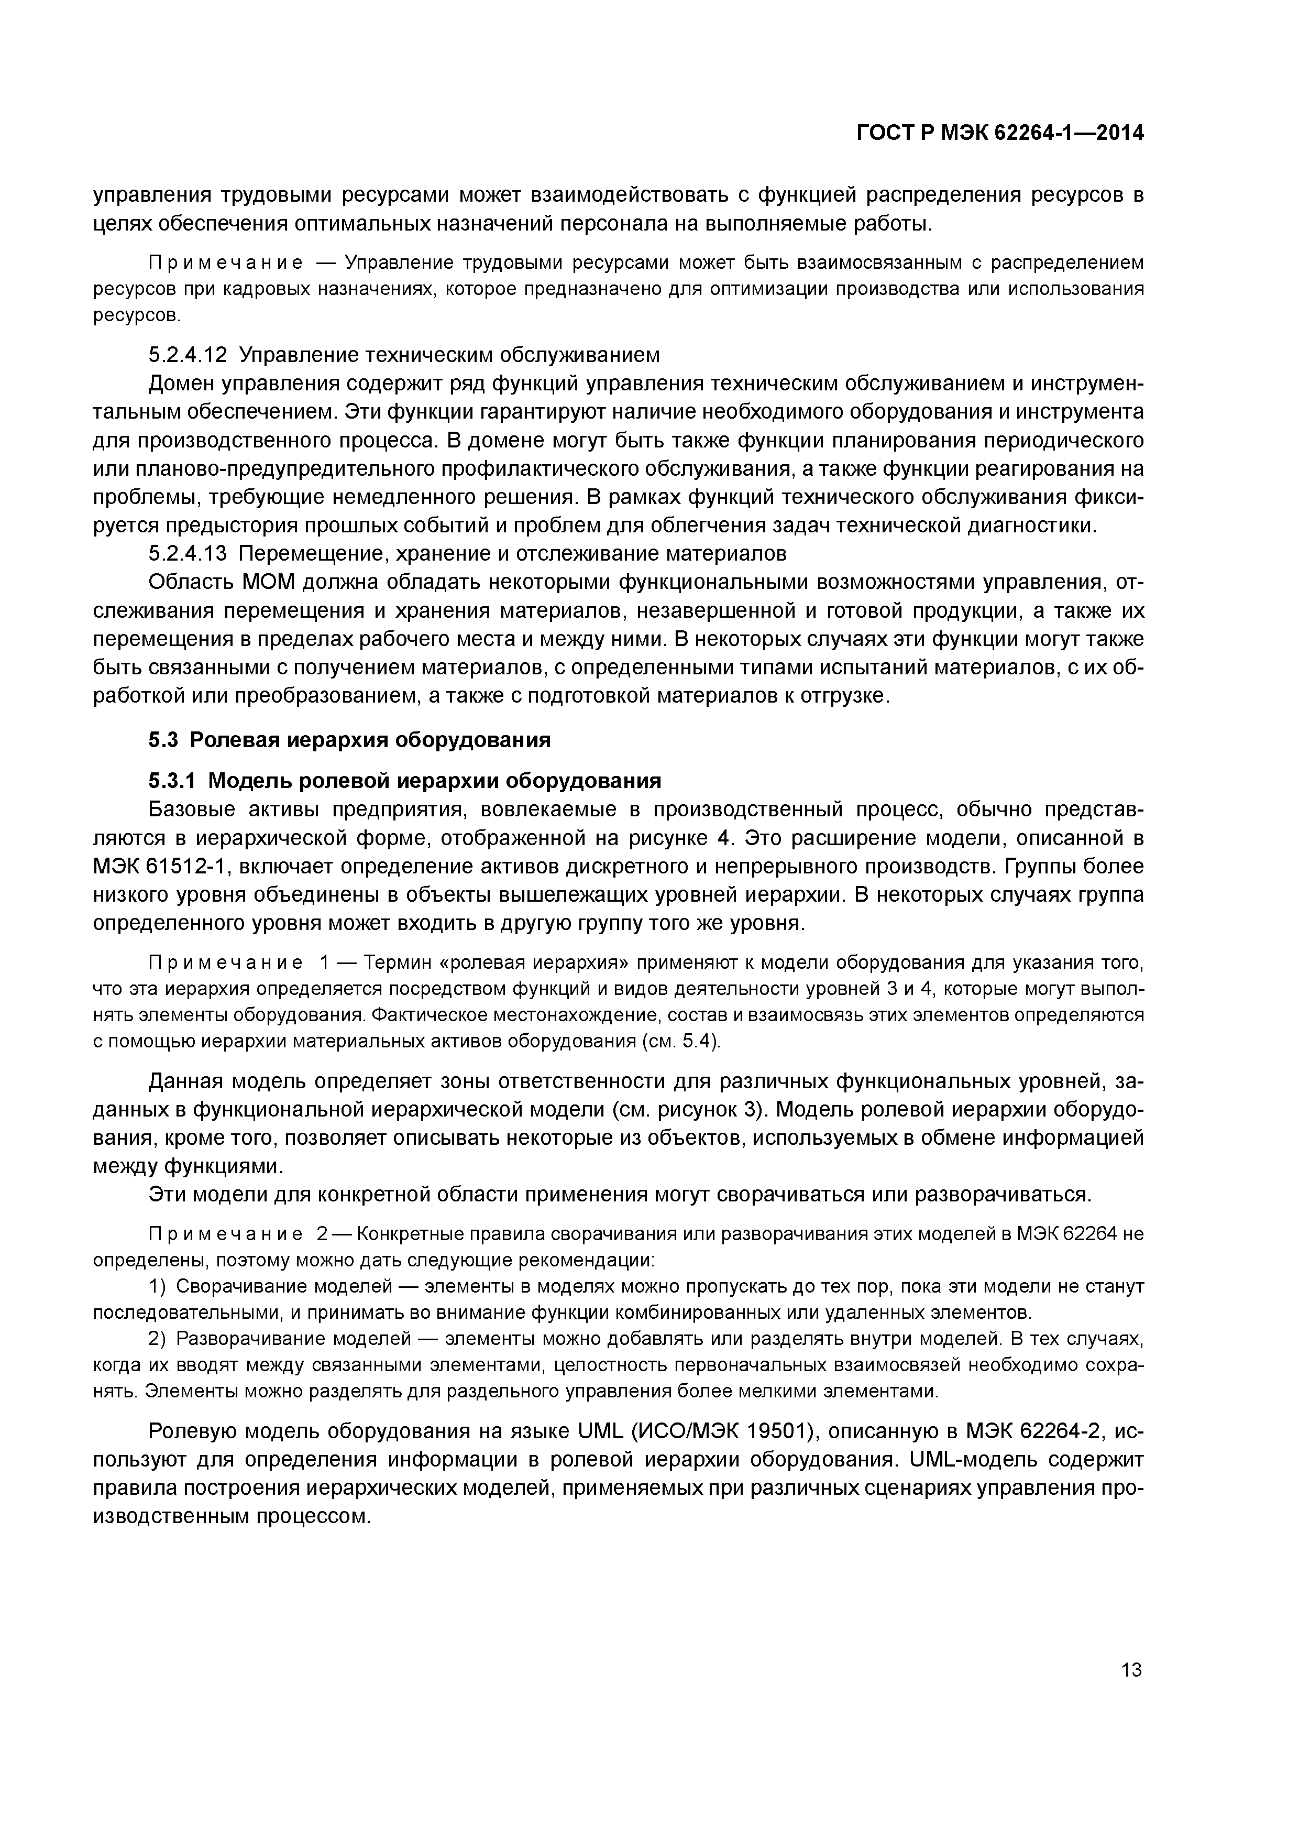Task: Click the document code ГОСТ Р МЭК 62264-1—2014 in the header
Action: pyautogui.click(x=1000, y=133)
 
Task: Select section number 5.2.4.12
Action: pyautogui.click(x=188, y=354)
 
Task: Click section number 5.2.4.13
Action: pyautogui.click(x=188, y=553)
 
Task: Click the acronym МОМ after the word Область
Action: pyautogui.click(x=264, y=582)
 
